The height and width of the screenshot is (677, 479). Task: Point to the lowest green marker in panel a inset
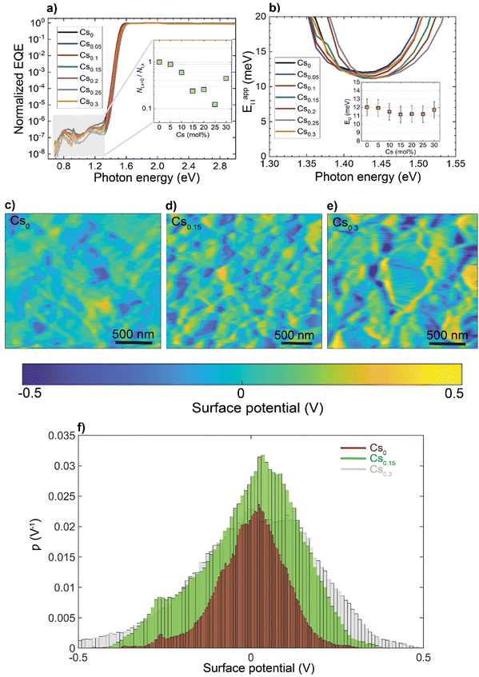[214, 104]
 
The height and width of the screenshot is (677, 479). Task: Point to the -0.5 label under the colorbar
[30, 394]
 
